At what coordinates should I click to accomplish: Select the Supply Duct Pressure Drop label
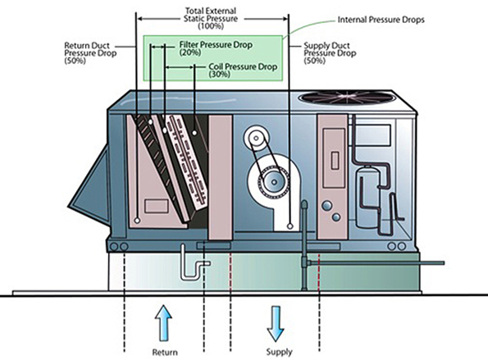point(331,51)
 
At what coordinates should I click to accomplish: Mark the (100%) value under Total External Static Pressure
point(213,26)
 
